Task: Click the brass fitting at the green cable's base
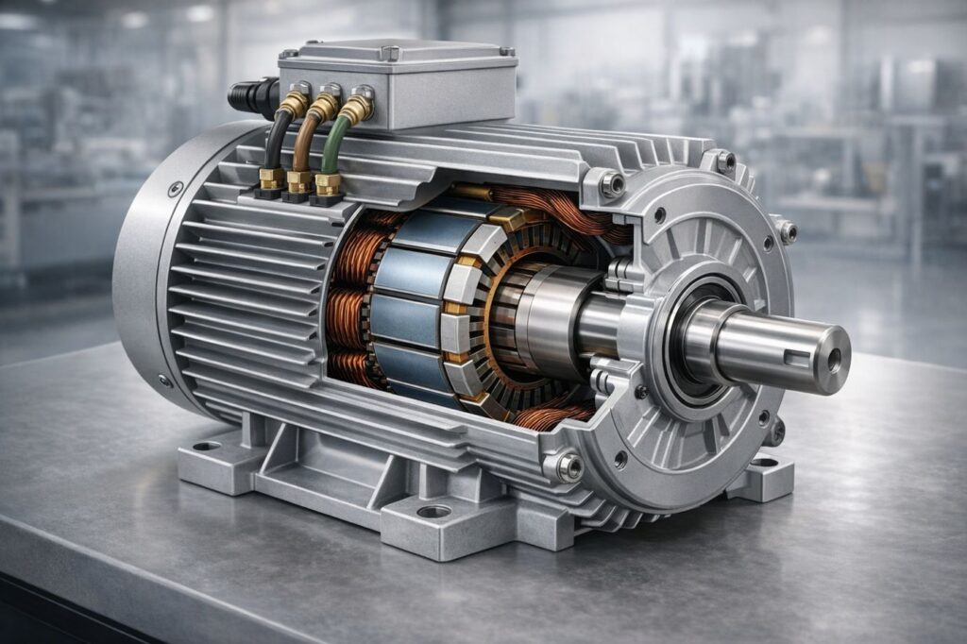pyautogui.click(x=328, y=183)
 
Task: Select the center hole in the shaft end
pyautogui.click(x=834, y=359)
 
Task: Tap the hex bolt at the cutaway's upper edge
pyautogui.click(x=613, y=183)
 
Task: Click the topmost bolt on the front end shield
pyautogui.click(x=723, y=161)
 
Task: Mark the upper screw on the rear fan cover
pyautogui.click(x=176, y=188)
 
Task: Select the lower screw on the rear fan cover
pyautogui.click(x=167, y=380)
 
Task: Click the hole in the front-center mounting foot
pyautogui.click(x=433, y=511)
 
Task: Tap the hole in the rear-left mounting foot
pyautogui.click(x=206, y=446)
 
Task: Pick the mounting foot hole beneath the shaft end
pyautogui.click(x=763, y=463)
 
